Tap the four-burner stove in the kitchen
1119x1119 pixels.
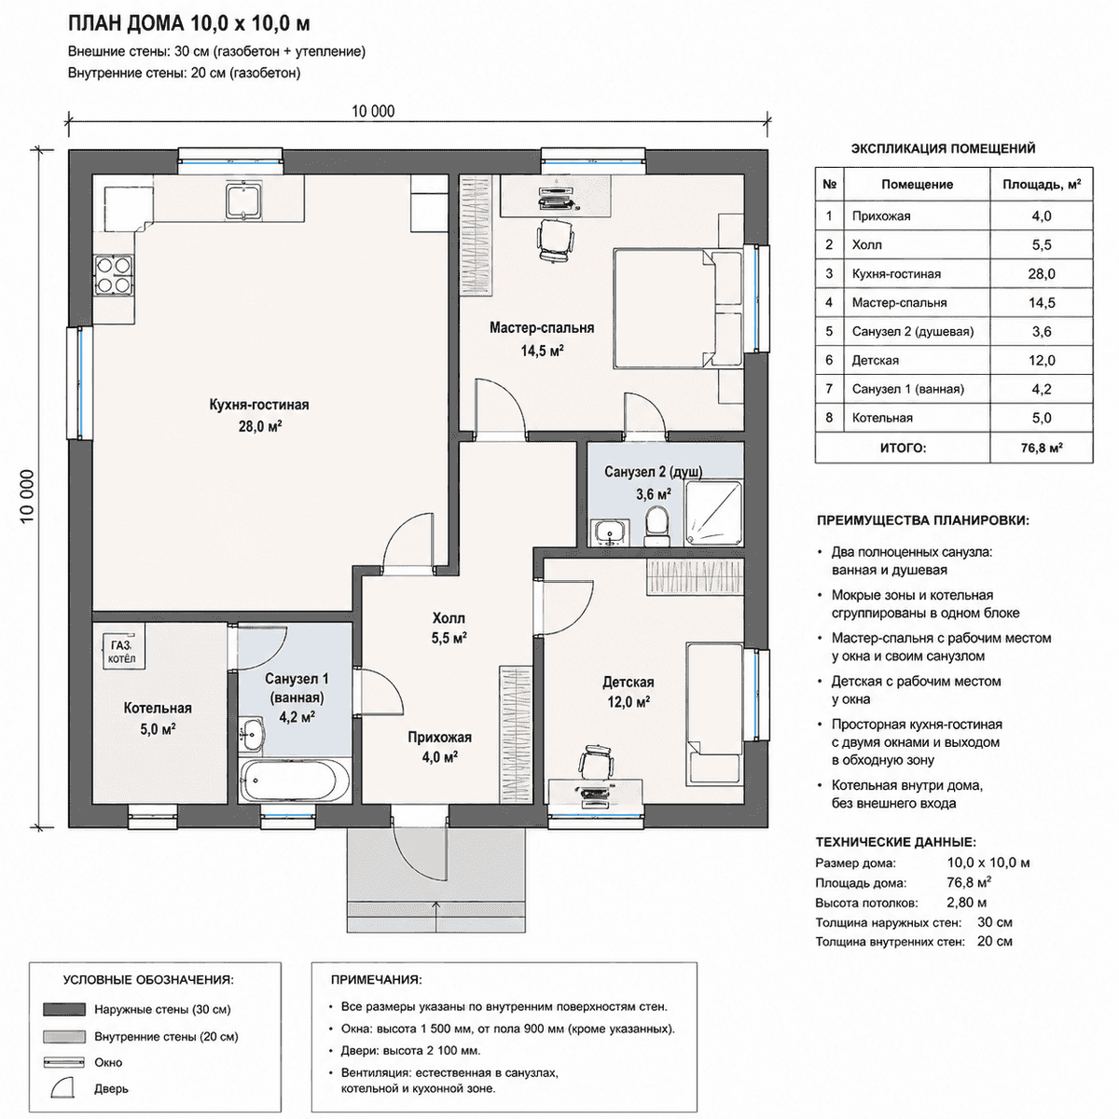pos(113,275)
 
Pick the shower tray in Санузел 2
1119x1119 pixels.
pos(713,513)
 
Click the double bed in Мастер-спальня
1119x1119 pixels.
pos(678,309)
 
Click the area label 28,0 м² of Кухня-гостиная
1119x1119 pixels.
pos(260,427)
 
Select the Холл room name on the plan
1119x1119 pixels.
pos(449,618)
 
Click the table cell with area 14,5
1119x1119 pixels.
pos(1042,302)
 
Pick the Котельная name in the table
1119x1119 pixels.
pos(882,418)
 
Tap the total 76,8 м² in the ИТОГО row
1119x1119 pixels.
pos(1042,449)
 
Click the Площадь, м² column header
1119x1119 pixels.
pos(1042,185)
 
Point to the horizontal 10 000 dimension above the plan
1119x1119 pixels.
pos(419,121)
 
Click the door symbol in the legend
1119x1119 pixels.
pos(64,1087)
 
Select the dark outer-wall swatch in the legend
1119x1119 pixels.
pos(64,1009)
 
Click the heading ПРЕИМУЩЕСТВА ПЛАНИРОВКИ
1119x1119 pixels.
pos(923,520)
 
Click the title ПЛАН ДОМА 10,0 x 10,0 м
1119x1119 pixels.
pos(188,24)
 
